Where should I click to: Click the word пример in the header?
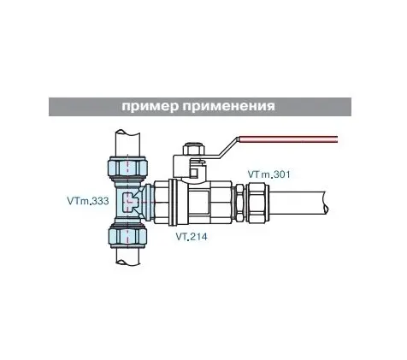pos(150,107)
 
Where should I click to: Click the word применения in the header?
pos(229,107)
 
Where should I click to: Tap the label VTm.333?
pos(88,201)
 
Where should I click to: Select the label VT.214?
pos(192,236)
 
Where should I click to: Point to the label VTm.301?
pos(268,174)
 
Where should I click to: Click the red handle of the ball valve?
pos(287,139)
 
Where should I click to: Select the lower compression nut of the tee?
pos(127,234)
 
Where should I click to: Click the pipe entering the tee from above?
pos(128,143)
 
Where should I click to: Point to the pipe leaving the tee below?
pos(128,254)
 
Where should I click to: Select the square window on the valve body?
pos(199,203)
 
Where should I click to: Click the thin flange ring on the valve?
pos(172,202)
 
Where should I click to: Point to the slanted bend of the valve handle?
pos(228,147)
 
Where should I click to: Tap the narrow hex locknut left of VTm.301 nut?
pos(239,203)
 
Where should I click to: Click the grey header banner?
pos(200,107)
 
